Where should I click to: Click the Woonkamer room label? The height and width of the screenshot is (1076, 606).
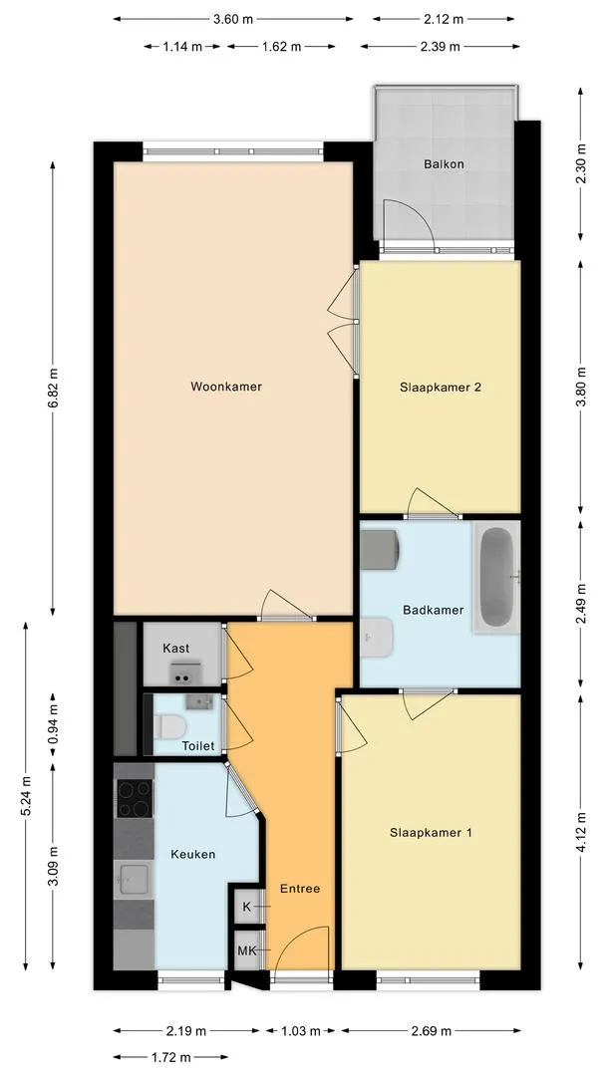226,387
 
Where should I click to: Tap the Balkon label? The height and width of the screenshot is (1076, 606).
443,164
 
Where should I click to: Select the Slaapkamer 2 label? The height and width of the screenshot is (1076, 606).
441,388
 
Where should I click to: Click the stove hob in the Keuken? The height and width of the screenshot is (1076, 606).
134,798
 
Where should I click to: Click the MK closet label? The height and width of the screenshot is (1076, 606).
246,950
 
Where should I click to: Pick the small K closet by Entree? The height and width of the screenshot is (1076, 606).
246,907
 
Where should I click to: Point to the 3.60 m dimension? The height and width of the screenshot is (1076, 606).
233,19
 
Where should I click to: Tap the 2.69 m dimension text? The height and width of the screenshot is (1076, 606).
431,1031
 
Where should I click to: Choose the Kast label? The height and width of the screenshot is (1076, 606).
176,649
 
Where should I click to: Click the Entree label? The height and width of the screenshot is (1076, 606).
300,888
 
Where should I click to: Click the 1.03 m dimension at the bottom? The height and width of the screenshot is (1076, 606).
302,1031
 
